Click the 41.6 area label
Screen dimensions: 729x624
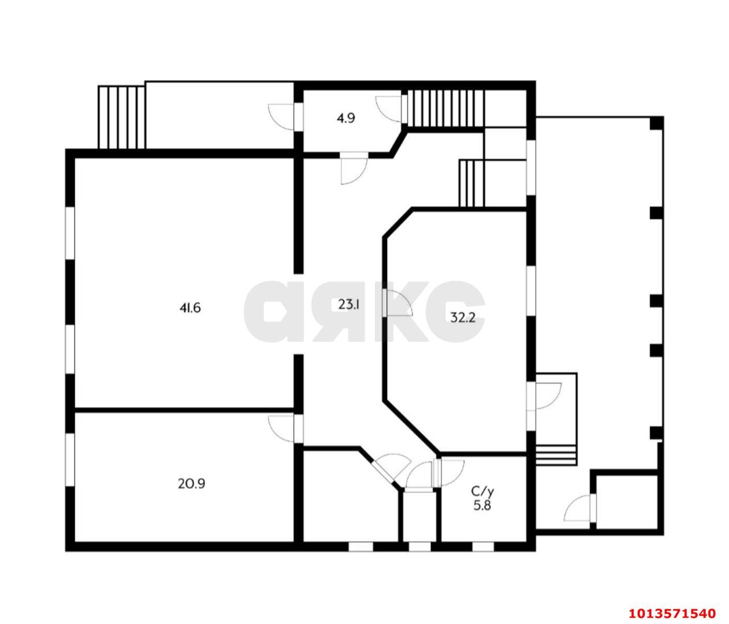[x=190, y=308]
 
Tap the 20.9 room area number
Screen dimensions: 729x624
[x=191, y=484]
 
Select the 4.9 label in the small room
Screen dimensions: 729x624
[x=346, y=118]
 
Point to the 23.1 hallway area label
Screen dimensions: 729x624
[x=349, y=304]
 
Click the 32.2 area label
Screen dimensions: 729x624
[x=463, y=317]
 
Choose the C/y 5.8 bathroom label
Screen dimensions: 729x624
[x=482, y=498]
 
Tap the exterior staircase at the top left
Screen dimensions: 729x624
[x=121, y=117]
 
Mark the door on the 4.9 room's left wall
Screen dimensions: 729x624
[x=281, y=117]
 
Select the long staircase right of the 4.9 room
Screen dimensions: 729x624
[x=446, y=108]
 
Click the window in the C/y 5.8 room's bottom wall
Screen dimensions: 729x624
[x=483, y=546]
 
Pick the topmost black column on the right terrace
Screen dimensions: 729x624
[x=657, y=123]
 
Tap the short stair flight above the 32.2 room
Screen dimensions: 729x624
[x=472, y=183]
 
